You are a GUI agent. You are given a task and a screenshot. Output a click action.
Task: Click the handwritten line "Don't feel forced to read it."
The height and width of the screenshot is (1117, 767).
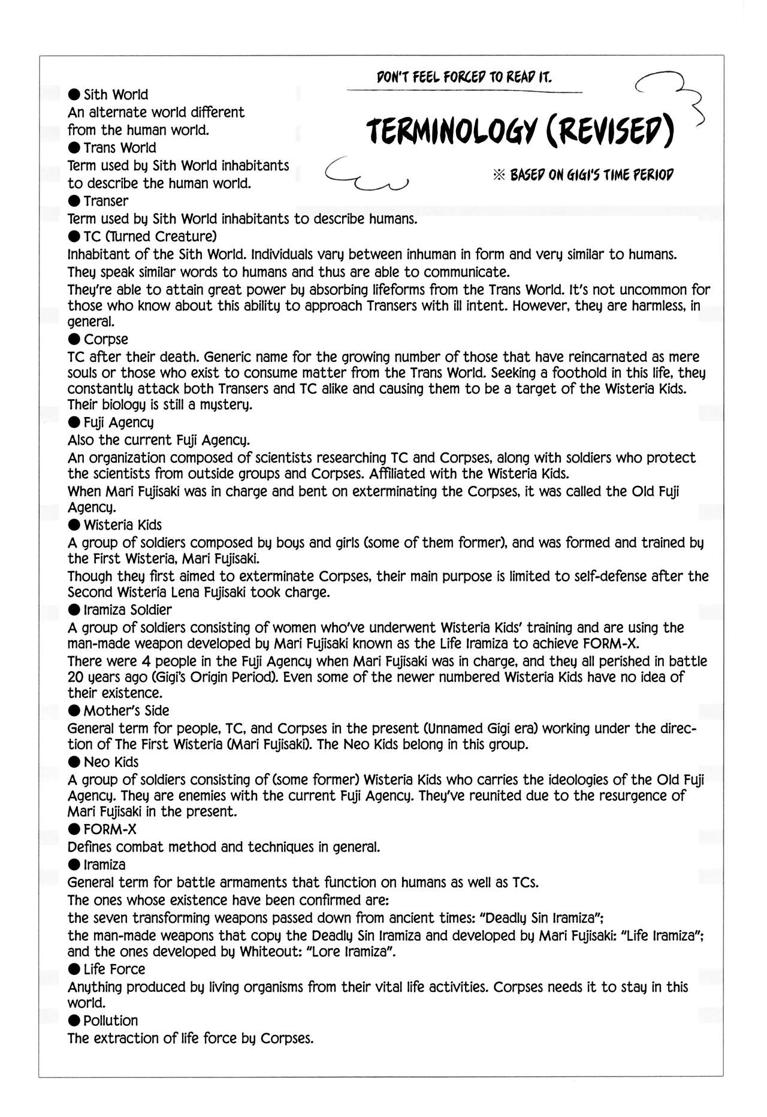coord(464,77)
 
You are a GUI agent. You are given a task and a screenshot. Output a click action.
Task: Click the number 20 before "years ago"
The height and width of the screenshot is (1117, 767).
coord(76,677)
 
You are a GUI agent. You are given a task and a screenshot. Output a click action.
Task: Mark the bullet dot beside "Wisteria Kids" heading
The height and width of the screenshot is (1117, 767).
coord(74,526)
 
